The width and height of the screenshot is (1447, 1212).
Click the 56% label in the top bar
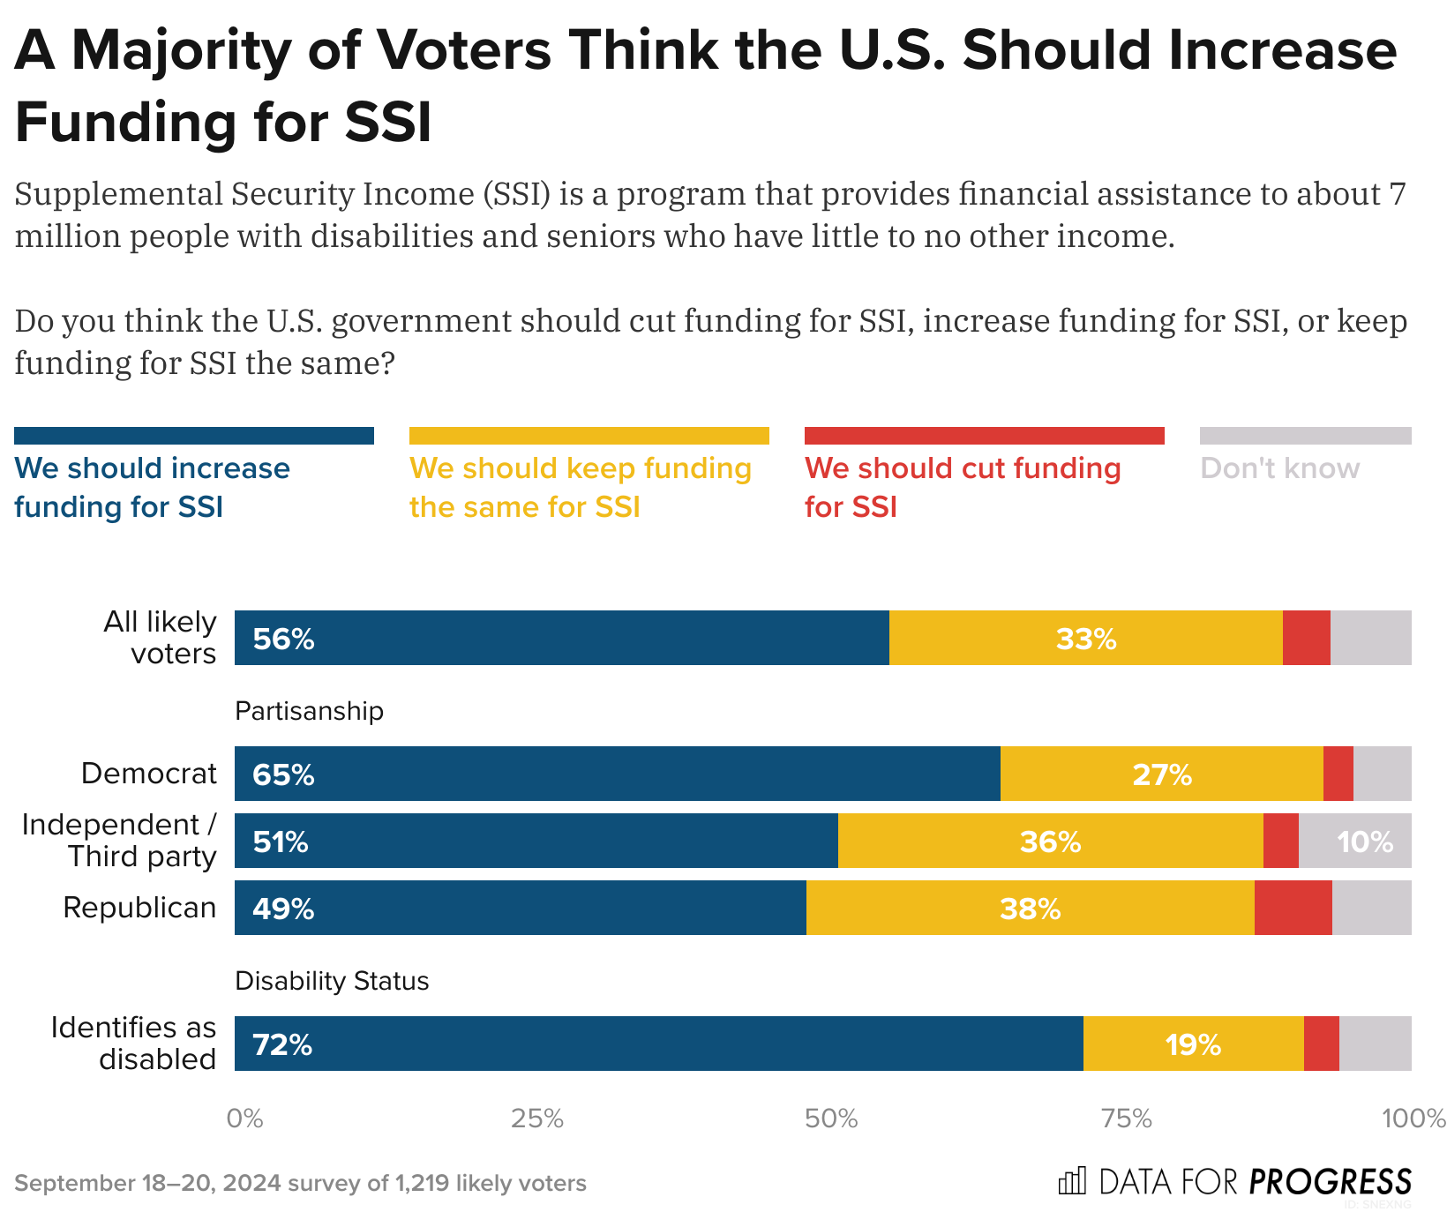(283, 639)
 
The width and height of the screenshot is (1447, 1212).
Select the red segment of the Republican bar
(1293, 908)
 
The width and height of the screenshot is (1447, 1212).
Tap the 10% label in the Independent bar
(1364, 842)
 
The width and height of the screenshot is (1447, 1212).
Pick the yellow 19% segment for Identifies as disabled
(1193, 1044)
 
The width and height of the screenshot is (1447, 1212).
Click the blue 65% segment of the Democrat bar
(617, 774)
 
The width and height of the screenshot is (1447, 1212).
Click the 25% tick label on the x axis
(537, 1118)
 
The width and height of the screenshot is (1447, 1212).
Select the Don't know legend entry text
(1279, 468)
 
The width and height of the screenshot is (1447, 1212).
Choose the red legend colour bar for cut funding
(984, 436)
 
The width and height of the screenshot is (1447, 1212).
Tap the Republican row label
(139, 908)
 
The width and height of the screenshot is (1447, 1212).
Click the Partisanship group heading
(309, 711)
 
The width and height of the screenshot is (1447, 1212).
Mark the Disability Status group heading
(332, 981)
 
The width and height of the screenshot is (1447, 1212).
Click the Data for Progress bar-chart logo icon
(1072, 1181)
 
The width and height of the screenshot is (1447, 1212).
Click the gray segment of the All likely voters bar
(1370, 638)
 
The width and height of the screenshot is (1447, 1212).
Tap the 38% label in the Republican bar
(1030, 909)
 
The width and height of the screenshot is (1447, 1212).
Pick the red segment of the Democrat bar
(1338, 774)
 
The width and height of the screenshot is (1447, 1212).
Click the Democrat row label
(148, 774)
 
